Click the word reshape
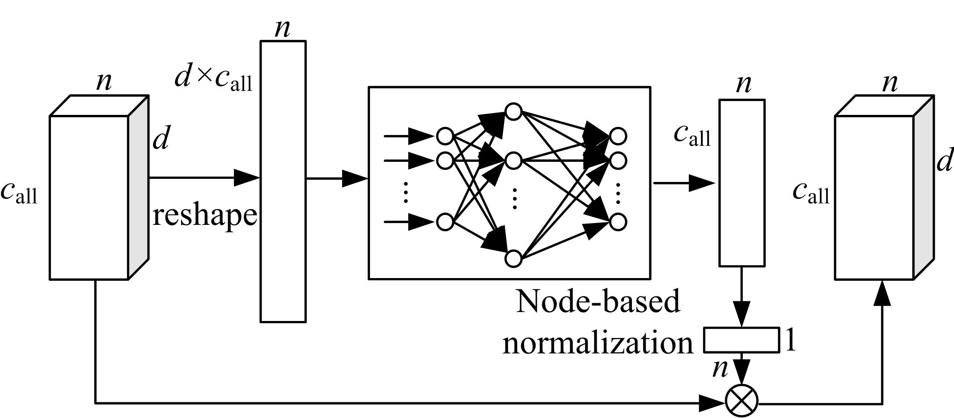pyautogui.click(x=205, y=215)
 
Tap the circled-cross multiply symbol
pyautogui.click(x=742, y=401)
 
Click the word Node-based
pyautogui.click(x=598, y=301)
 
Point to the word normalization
pyautogui.click(x=598, y=343)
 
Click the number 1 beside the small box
pyautogui.click(x=790, y=341)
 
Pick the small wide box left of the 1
pyautogui.click(x=741, y=340)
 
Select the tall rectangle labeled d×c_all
pyautogui.click(x=283, y=182)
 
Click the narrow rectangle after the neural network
pyautogui.click(x=742, y=183)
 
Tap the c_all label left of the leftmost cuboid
pyautogui.click(x=19, y=193)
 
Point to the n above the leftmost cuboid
pyautogui.click(x=104, y=82)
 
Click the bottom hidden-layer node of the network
pyautogui.click(x=514, y=258)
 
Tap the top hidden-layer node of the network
pyautogui.click(x=514, y=111)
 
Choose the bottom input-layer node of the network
pyautogui.click(x=445, y=222)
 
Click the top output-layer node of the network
pyautogui.click(x=618, y=136)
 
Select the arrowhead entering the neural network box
pyautogui.click(x=356, y=178)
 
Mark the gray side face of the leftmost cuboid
pyautogui.click(x=139, y=188)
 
